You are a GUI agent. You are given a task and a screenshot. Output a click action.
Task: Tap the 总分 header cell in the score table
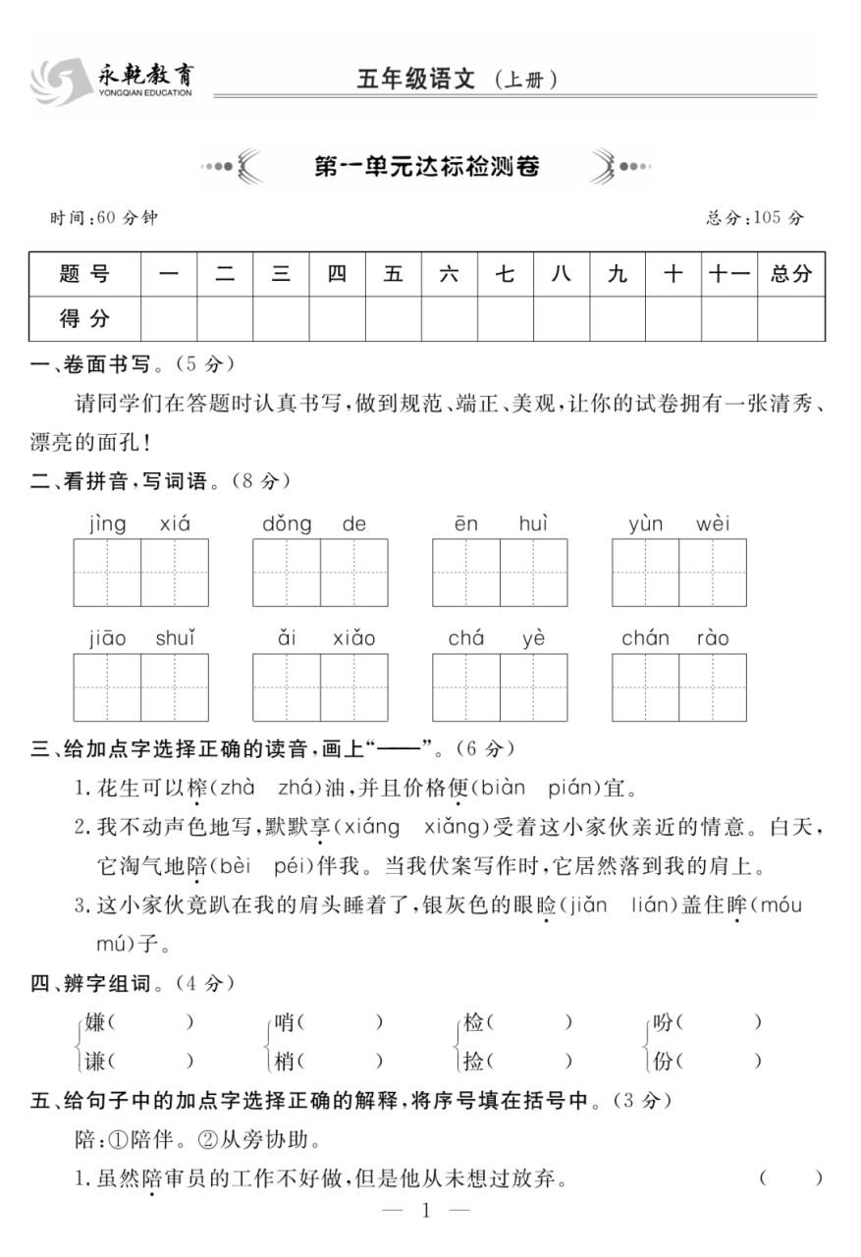790,274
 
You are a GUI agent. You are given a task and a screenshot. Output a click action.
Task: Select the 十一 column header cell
728,274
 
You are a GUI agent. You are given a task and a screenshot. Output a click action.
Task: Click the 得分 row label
84,318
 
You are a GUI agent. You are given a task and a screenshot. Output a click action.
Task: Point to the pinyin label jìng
107,523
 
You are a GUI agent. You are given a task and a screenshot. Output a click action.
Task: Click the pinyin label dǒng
287,523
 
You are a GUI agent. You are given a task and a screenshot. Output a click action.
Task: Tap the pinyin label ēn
466,523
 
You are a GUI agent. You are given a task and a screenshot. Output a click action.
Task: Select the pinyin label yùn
646,523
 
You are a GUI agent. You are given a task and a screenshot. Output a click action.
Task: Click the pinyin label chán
645,638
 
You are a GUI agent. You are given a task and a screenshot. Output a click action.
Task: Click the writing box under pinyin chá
466,687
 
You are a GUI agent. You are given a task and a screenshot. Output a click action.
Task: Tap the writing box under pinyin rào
713,687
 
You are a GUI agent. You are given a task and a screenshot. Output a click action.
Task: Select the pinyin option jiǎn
581,905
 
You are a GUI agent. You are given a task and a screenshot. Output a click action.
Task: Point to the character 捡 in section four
474,1061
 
